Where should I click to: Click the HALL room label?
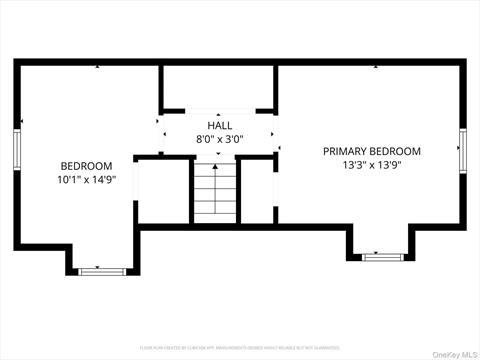tap(219, 126)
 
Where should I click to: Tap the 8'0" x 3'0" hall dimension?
tap(219, 140)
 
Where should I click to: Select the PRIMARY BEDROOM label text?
tap(371, 151)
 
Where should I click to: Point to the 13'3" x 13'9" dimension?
tap(371, 166)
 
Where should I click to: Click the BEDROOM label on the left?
tap(86, 166)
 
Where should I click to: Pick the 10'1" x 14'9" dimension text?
tap(86, 180)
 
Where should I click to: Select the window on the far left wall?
tap(18, 148)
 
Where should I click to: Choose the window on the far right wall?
tap(463, 149)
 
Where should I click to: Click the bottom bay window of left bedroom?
tap(99, 270)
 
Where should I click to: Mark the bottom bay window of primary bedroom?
tap(380, 257)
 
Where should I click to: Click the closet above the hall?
tap(218, 88)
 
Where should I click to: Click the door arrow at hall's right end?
tap(273, 133)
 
